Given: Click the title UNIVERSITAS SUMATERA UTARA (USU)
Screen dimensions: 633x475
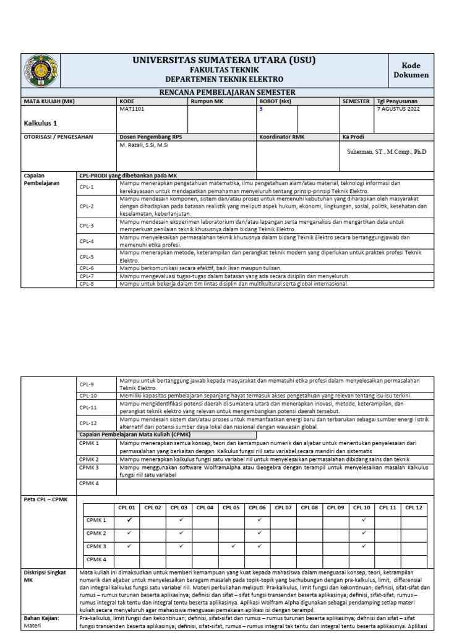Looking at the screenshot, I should click(223, 60).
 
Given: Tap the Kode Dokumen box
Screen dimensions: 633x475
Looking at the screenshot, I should click(411, 70).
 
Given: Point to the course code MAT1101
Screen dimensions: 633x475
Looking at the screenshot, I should click(131, 108).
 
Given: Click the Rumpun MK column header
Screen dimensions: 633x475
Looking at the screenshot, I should click(206, 101).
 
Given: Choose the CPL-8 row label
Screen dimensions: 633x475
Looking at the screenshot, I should click(87, 284).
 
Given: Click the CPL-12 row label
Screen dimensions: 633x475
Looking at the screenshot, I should click(88, 423).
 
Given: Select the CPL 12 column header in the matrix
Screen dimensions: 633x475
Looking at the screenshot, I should click(414, 508).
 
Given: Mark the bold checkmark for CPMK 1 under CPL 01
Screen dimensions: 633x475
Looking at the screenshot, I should click(129, 520).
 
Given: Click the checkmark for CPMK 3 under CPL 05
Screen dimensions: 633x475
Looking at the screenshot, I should click(233, 546).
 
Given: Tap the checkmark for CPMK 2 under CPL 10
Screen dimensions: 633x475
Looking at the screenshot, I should click(364, 533).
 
